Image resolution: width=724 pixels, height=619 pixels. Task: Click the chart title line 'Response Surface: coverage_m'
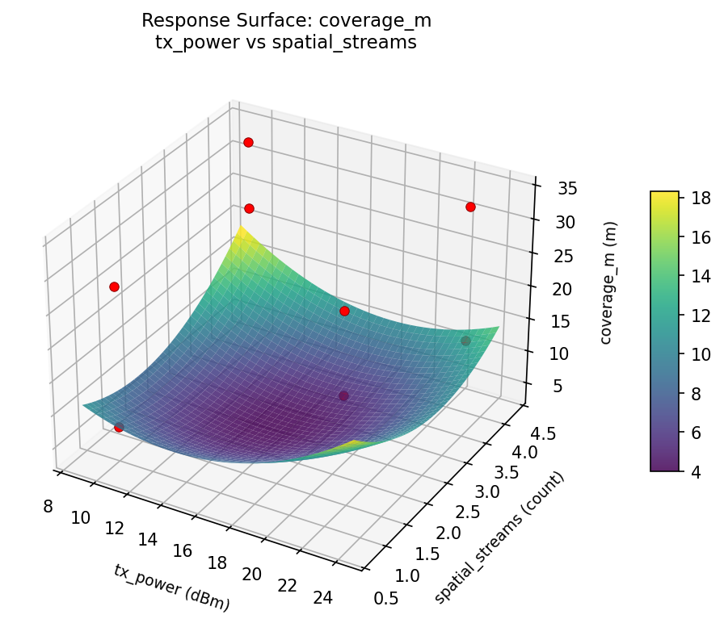point(286,20)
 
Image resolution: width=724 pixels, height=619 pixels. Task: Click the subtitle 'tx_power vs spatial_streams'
point(286,43)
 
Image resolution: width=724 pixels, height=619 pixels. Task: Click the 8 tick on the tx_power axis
point(48,506)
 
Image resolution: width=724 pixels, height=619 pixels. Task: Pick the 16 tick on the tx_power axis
point(182,550)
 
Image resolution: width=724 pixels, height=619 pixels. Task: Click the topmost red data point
point(248,142)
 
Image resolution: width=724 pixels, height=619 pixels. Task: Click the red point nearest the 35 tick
point(470,207)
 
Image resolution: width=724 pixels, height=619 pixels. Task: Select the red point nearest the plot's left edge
point(114,286)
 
